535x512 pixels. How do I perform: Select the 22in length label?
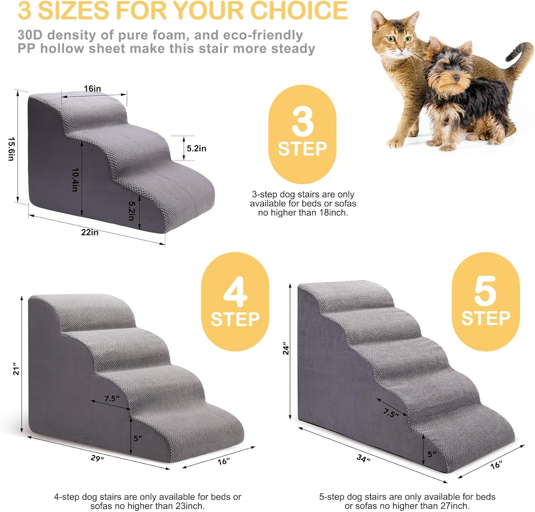pos(90,232)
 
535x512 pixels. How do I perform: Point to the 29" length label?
pos(97,458)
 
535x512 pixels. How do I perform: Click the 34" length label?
pos(363,458)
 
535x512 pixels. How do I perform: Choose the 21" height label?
pos(16,369)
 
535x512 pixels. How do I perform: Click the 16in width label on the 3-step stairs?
pos(92,88)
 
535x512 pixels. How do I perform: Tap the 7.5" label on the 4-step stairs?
pos(112,399)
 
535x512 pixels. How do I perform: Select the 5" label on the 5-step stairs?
pos(432,454)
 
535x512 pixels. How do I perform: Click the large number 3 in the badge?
pos(302,122)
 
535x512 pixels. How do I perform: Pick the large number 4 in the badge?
pos(235,292)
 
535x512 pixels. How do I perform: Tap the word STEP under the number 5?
pos(485,318)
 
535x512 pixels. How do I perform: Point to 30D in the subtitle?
pos(30,35)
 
